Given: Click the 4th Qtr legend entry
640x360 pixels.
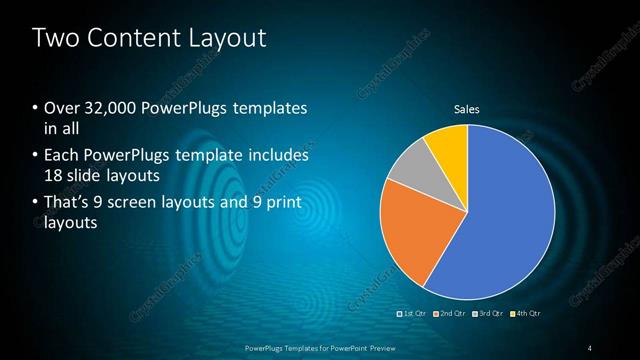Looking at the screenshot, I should click(x=527, y=313).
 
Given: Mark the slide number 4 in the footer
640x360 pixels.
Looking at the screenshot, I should click(x=590, y=347).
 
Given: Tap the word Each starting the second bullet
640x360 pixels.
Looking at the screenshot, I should click(x=60, y=156).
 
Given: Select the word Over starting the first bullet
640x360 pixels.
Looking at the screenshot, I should click(x=61, y=108).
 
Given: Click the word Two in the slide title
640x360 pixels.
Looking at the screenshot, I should click(x=55, y=39).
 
